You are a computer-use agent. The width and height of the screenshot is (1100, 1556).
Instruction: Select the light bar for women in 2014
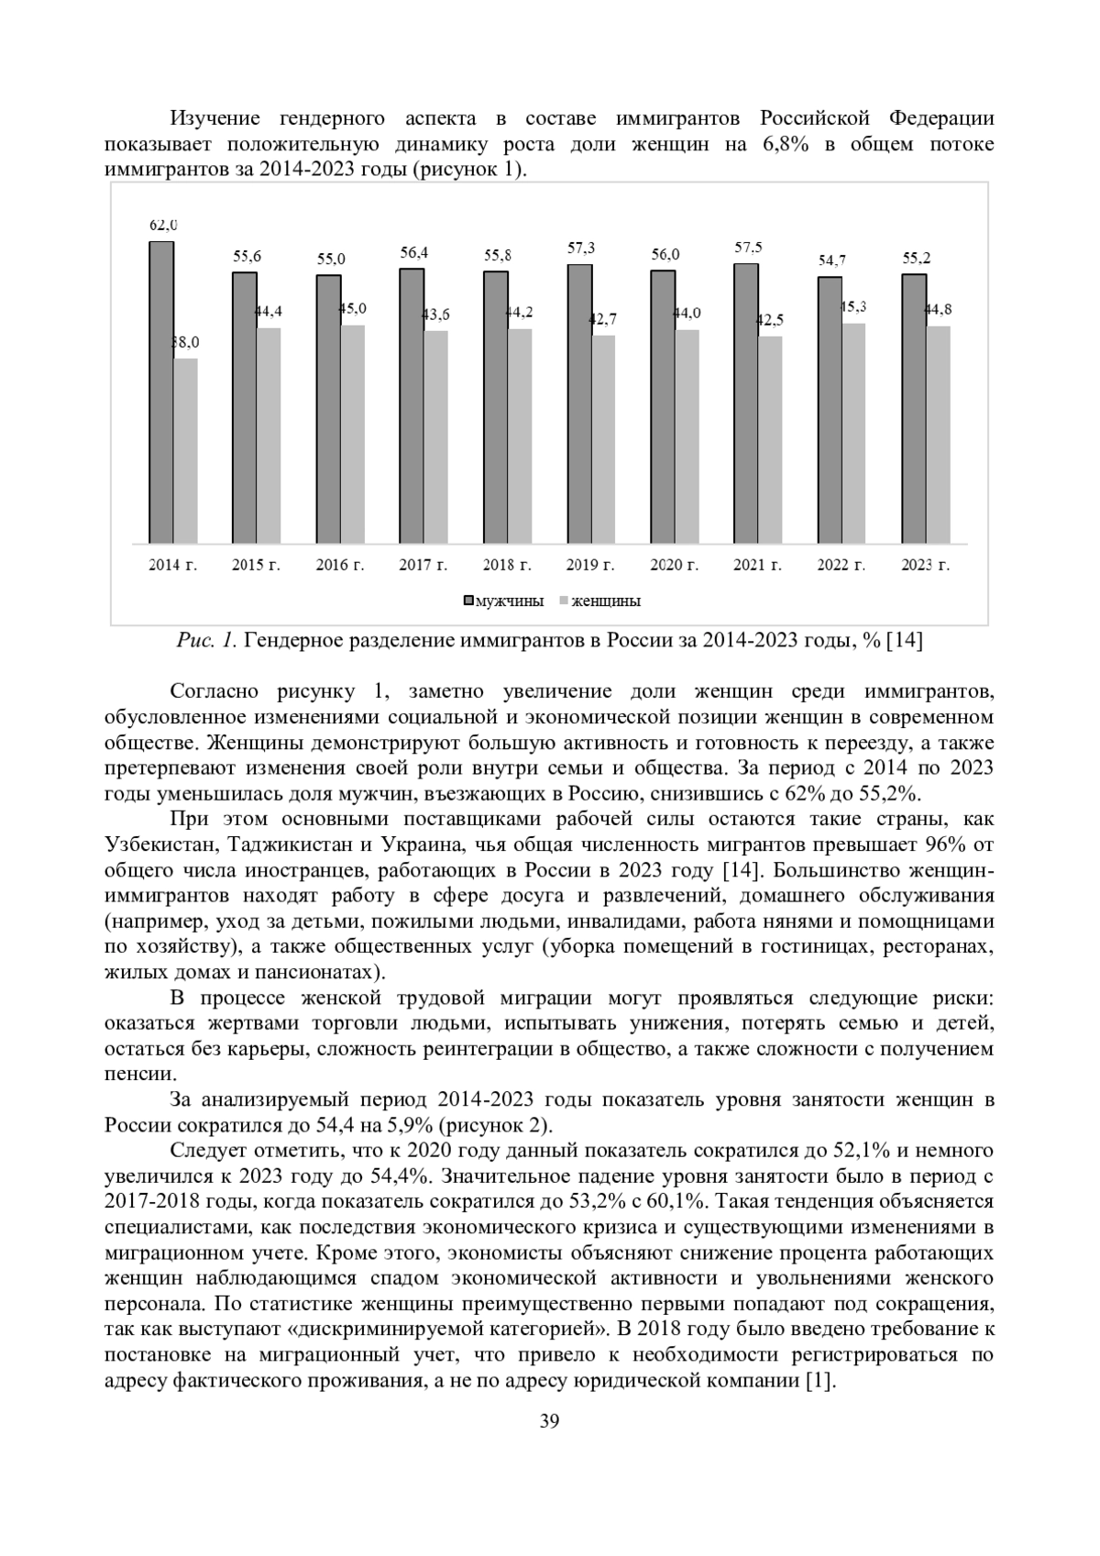pos(186,450)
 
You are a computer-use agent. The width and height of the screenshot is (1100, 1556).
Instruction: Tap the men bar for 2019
pos(579,403)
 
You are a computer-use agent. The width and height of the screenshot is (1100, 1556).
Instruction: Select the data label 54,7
pos(832,260)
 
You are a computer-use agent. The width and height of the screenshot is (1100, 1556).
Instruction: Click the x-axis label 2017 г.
pos(423,566)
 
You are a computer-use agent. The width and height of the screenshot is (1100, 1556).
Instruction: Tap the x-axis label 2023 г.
pos(925,566)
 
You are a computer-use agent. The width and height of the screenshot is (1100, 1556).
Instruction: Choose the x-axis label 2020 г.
pos(674,566)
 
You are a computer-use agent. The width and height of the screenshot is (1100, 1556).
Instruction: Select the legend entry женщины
pos(605,601)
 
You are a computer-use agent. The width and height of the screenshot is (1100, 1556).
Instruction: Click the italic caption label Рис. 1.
pos(207,641)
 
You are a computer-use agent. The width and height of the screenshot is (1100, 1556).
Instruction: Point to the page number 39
pos(549,1422)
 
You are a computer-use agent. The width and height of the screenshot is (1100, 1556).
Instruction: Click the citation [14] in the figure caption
pos(905,641)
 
